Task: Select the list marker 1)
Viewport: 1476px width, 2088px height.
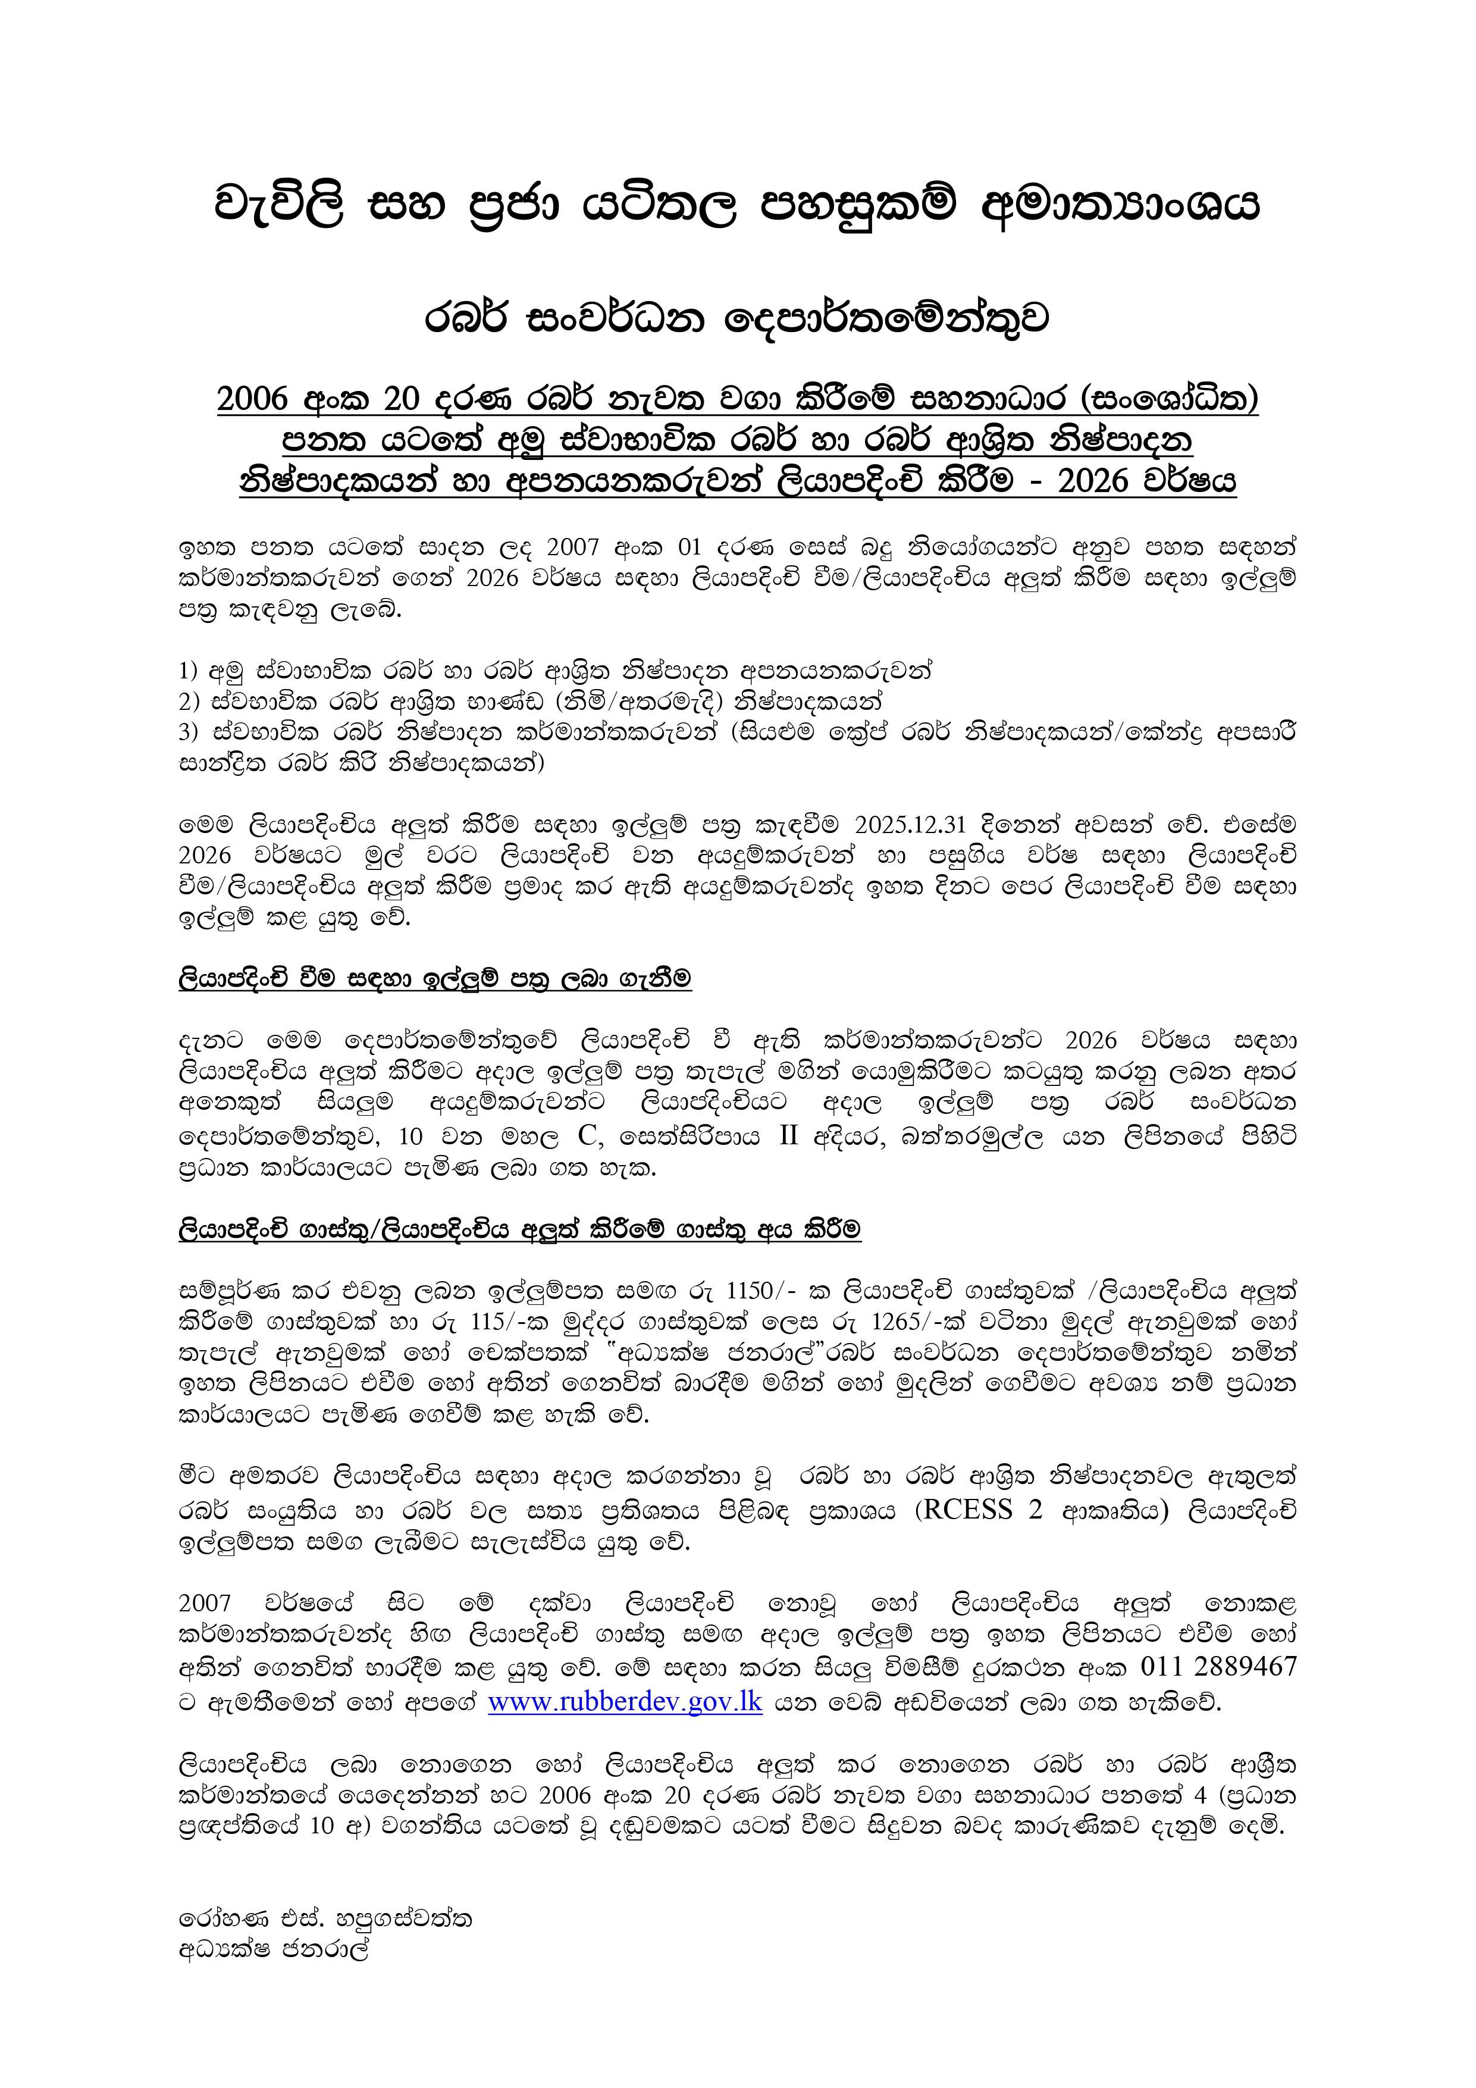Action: [x=188, y=672]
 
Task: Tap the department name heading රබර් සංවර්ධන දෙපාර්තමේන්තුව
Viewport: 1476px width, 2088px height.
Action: [x=738, y=319]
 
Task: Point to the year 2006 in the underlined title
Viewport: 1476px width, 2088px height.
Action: [x=252, y=399]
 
